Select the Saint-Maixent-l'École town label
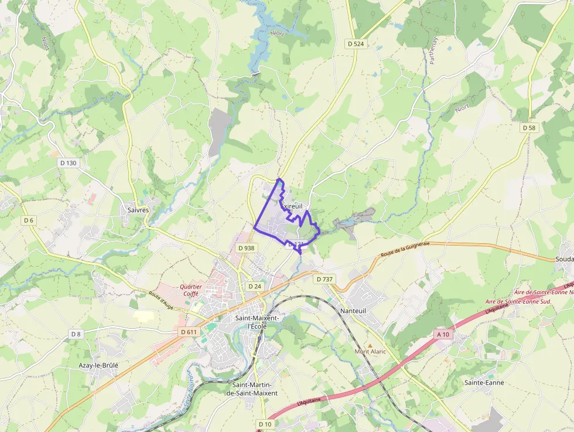(257, 322)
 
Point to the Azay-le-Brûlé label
(98, 365)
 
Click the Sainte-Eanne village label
(484, 382)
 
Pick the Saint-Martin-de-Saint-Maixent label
(255, 389)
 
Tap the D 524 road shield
(356, 43)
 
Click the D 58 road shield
(529, 127)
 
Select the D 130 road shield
(68, 162)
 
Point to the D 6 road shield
(28, 220)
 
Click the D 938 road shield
(247, 248)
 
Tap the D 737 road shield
(324, 279)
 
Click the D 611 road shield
(188, 332)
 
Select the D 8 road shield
(76, 334)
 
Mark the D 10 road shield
(265, 423)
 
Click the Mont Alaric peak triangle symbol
(370, 345)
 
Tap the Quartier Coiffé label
(191, 290)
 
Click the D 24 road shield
(254, 286)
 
